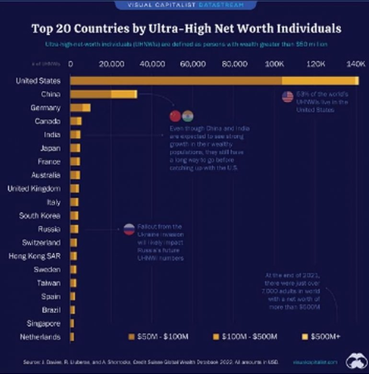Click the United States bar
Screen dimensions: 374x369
[x=214, y=81]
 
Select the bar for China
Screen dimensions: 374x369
[x=104, y=94]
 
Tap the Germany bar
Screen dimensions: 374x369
[x=80, y=108]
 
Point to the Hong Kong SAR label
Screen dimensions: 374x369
[x=35, y=256]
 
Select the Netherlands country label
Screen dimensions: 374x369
[x=40, y=337]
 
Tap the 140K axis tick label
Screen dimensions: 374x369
[x=356, y=64]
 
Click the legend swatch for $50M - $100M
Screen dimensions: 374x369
[x=132, y=337]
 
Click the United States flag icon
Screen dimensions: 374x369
[x=288, y=97]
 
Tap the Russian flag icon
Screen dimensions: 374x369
[x=129, y=229]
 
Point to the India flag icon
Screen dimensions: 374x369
[x=187, y=116]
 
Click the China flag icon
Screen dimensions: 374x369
[x=175, y=116]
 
